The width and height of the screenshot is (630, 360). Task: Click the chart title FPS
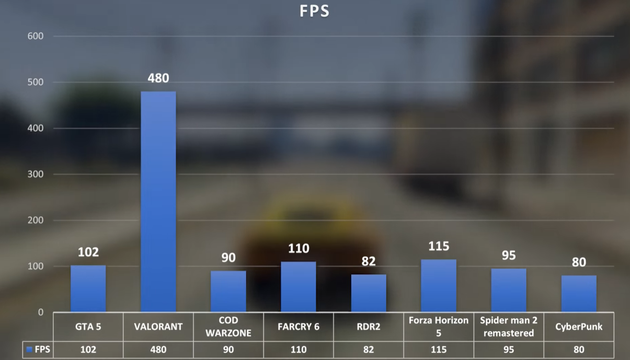click(315, 11)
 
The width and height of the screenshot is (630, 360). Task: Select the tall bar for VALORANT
click(158, 201)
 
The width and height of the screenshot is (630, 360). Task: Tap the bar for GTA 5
click(88, 288)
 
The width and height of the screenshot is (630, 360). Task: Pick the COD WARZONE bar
click(228, 291)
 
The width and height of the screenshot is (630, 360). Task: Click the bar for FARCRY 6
click(299, 287)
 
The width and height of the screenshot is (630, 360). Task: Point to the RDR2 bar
click(369, 293)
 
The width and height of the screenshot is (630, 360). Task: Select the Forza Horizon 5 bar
click(439, 285)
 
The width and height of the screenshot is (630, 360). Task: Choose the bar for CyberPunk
click(579, 294)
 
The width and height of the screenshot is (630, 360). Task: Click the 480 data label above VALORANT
click(158, 78)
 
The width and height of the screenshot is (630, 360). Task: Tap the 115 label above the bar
click(439, 246)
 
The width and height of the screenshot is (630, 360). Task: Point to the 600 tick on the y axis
click(36, 36)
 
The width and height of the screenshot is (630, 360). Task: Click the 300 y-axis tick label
click(36, 174)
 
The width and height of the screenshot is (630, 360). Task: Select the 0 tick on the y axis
click(40, 312)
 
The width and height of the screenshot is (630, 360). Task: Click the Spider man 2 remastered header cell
click(509, 327)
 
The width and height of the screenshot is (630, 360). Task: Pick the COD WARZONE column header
click(228, 327)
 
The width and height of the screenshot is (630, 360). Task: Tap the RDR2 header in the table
click(369, 327)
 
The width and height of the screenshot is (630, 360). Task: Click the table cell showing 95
click(509, 350)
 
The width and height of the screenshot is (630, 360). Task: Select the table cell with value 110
click(299, 350)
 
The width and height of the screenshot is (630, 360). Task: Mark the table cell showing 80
click(579, 350)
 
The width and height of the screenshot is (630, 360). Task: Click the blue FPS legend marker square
click(30, 350)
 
